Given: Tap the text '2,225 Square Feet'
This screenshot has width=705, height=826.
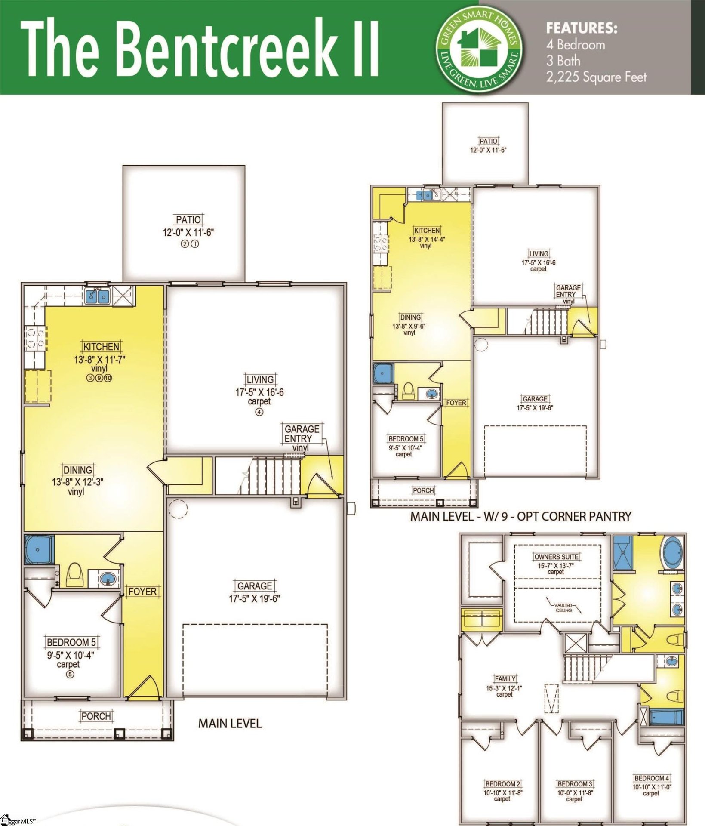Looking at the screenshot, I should tap(596, 77).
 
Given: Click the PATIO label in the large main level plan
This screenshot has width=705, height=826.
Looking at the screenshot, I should tap(188, 219).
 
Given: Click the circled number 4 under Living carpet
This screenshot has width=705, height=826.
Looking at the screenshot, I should tap(259, 412).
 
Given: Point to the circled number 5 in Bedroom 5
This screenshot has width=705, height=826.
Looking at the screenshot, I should tap(70, 674).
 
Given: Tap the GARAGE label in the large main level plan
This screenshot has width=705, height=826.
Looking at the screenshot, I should tap(255, 586).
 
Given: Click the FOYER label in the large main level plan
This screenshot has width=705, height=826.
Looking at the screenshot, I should tap(142, 592).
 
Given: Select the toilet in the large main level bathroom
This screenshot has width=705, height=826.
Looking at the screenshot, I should tap(75, 575).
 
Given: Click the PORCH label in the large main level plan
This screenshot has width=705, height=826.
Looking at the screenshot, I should tap(96, 716).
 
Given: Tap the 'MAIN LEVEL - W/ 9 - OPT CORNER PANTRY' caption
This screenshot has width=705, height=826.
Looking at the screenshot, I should tap(520, 516).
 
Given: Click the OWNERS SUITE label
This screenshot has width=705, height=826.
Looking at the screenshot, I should tap(556, 557).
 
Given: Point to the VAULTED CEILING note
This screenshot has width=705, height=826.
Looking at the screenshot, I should tap(563, 607).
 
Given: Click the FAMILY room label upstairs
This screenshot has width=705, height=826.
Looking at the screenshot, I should tap(505, 679).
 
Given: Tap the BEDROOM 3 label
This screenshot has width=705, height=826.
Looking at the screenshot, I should tap(575, 784).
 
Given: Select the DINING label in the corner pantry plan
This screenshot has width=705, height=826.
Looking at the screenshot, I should tap(410, 317).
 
